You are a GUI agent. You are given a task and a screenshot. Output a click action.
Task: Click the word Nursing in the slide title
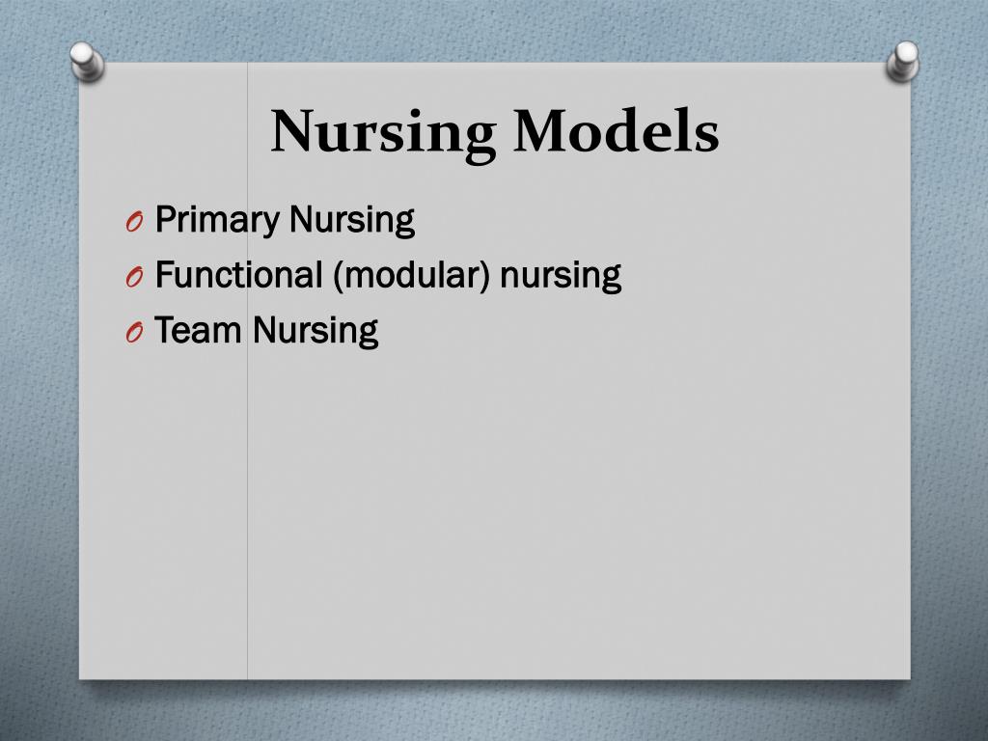pyautogui.click(x=383, y=132)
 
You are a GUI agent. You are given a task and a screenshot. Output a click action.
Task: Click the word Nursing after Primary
pyautogui.click(x=352, y=222)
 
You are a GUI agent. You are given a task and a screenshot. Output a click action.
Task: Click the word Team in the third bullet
pyautogui.click(x=198, y=331)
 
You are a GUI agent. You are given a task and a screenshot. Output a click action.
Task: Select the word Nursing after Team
pyautogui.click(x=316, y=332)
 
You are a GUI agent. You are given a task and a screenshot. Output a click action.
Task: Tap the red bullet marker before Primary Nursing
pyautogui.click(x=133, y=224)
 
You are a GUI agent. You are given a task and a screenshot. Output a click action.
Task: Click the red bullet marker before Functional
pyautogui.click(x=133, y=279)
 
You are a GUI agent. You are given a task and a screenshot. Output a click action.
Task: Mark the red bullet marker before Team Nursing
pyautogui.click(x=133, y=334)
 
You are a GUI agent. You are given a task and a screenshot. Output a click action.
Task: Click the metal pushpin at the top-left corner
pyautogui.click(x=85, y=63)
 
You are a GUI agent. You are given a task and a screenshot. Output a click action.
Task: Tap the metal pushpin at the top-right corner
pyautogui.click(x=904, y=61)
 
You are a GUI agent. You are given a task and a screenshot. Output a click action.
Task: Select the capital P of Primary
pyautogui.click(x=163, y=220)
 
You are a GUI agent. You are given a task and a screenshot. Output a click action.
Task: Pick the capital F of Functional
pyautogui.click(x=162, y=275)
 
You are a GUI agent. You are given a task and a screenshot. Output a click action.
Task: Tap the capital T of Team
pyautogui.click(x=164, y=330)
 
